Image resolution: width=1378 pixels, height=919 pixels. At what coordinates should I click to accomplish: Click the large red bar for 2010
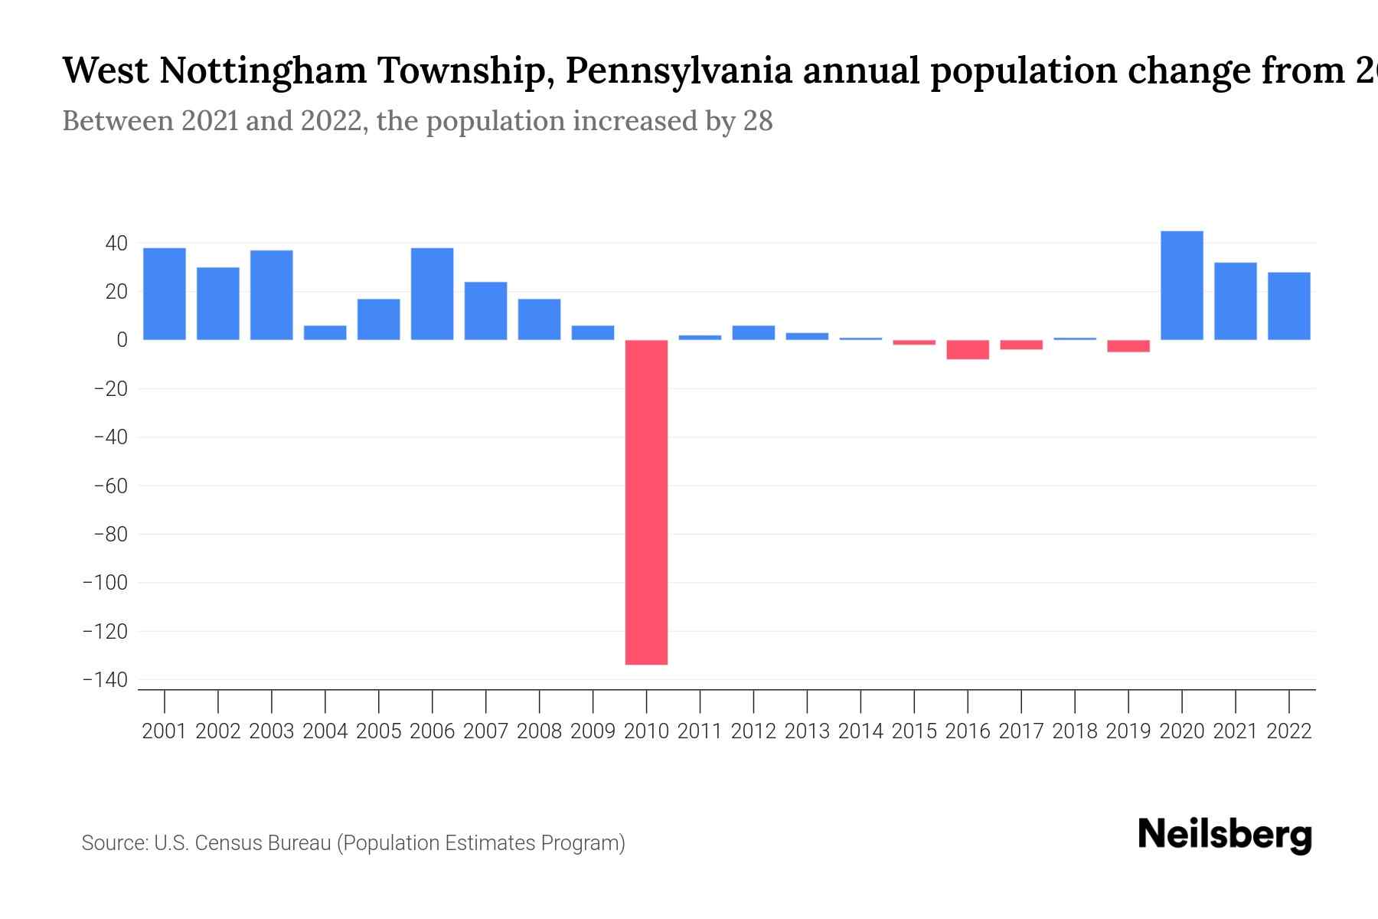(x=646, y=502)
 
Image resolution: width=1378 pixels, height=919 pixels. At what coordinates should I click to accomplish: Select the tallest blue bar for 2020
(x=1182, y=286)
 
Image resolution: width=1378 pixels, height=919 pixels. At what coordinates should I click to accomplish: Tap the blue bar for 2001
(x=165, y=294)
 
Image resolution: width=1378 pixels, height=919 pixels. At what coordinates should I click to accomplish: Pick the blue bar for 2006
(x=432, y=294)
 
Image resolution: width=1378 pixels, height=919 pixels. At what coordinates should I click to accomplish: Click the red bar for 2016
(x=968, y=349)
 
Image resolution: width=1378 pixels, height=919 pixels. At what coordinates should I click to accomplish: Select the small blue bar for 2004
(x=325, y=332)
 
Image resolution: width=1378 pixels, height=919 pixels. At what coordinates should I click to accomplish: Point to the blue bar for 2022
(x=1289, y=306)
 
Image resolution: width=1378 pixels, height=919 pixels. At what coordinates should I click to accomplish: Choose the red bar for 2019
(x=1128, y=346)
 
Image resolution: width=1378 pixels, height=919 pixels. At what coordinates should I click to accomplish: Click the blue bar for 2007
(x=485, y=311)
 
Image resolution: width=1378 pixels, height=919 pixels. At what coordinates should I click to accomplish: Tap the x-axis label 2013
(x=807, y=731)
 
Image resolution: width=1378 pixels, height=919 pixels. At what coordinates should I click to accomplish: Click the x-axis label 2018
(x=1075, y=731)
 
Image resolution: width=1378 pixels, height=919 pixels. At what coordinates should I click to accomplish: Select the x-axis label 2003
(x=272, y=731)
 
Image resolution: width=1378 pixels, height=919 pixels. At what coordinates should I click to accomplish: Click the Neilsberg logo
(x=1225, y=835)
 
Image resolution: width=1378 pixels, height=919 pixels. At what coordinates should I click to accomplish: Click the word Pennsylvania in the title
(x=679, y=70)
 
